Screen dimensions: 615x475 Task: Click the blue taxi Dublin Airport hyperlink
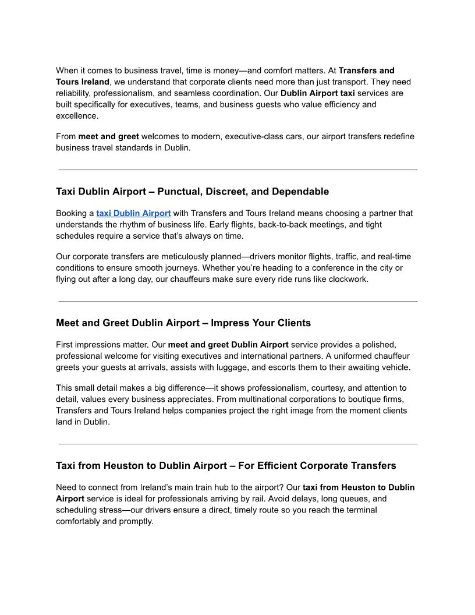pos(133,213)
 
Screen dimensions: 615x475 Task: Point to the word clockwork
pos(348,279)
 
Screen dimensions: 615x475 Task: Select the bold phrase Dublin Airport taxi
pos(317,93)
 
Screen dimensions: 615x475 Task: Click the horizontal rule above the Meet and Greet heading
pos(238,302)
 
